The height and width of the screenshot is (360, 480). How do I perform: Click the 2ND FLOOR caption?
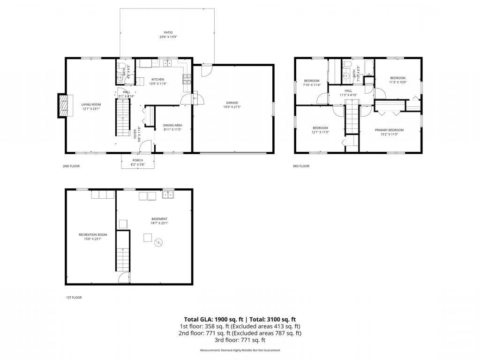point(71,166)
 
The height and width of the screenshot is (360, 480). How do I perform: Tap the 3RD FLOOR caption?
point(301,166)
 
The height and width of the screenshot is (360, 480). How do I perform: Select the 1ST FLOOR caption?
point(74,297)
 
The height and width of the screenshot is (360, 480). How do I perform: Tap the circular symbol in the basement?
point(159,242)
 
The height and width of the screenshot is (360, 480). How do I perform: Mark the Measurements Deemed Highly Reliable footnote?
point(240,351)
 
